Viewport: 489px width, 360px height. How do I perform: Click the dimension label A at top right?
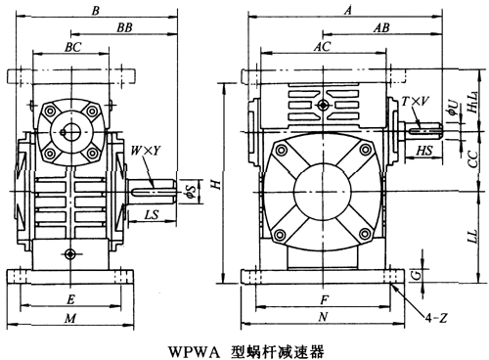[x=348, y=9]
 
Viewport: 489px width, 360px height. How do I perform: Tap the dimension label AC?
[x=322, y=46]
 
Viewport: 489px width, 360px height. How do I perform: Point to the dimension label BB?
[x=123, y=29]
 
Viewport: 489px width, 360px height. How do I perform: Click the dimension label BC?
[x=72, y=46]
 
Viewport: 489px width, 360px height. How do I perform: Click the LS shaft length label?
[x=153, y=212]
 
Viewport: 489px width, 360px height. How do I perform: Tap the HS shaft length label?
[x=425, y=151]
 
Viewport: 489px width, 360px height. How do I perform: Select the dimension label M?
[x=69, y=318]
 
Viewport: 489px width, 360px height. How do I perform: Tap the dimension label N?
[x=324, y=318]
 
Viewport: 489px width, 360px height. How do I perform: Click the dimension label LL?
[x=471, y=239]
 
